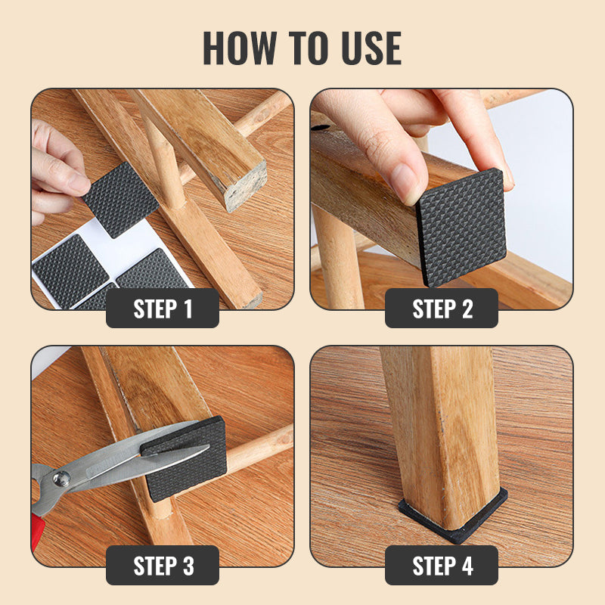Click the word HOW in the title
pos(240,48)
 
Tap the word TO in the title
pos(309,48)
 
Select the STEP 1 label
pos(163,309)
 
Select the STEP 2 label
pos(442,309)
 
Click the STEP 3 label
pos(163,565)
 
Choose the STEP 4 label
pos(442,565)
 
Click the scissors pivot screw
pos(61,479)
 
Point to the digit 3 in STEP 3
pos(188,566)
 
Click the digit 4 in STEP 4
pos(467,566)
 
